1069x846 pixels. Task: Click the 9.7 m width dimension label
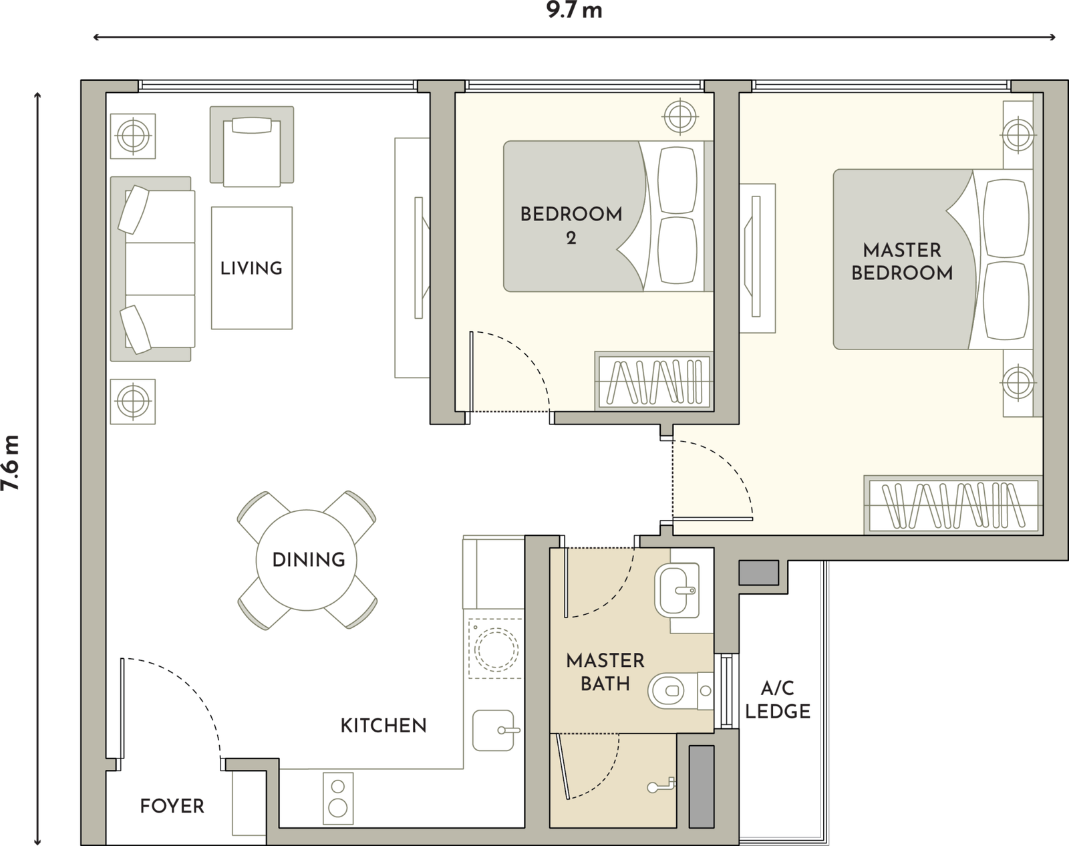point(574,11)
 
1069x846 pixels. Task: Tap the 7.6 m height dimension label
point(11,462)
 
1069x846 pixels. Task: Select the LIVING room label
point(251,268)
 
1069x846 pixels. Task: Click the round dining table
point(307,560)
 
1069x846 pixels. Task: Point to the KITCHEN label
point(384,726)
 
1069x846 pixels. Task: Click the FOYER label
point(172,806)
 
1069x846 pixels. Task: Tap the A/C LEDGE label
point(778,700)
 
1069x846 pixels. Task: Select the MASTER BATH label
point(605,672)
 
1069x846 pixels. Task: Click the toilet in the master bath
point(681,690)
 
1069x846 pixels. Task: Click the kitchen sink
point(495,730)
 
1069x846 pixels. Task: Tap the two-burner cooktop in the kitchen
point(338,799)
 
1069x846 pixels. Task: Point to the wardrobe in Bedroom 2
point(654,382)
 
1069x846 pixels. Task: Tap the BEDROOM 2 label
point(571,226)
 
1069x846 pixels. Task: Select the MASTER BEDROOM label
point(902,262)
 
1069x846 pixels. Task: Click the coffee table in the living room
point(252,268)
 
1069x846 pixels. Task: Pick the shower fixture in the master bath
point(662,785)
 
